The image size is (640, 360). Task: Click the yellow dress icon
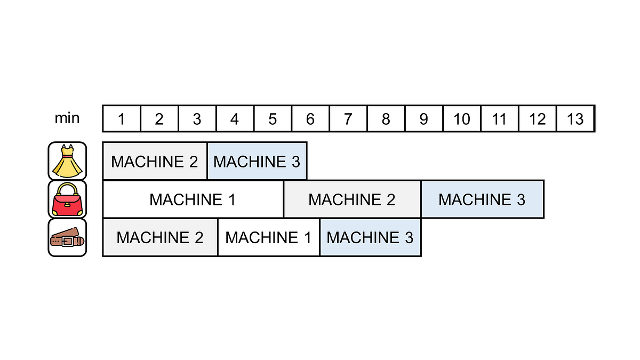pos(67,161)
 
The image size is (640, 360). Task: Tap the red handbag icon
pos(67,199)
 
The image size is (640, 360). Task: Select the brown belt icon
pos(67,238)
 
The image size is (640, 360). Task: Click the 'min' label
pos(67,118)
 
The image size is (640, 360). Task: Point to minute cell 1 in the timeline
pos(122,118)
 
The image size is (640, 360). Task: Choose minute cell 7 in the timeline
pos(348,118)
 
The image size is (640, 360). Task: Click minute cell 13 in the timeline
pos(575,118)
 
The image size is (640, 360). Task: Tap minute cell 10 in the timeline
pos(462,118)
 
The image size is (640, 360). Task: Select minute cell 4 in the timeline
pos(235,118)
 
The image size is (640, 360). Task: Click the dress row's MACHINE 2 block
pos(155,161)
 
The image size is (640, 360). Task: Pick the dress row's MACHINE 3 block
pos(257,161)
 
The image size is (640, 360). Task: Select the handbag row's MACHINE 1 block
pos(193,199)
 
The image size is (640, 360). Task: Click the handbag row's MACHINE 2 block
pos(352,199)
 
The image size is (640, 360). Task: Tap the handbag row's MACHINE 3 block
pos(482,199)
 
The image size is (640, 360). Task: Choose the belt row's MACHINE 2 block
pos(160,237)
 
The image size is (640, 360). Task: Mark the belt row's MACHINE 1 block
pos(269,237)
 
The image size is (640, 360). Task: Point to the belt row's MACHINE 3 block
pos(370,237)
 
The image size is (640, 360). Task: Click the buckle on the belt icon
pos(67,242)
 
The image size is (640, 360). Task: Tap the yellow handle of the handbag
pos(67,189)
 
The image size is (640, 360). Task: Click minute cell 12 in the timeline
pos(538,118)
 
